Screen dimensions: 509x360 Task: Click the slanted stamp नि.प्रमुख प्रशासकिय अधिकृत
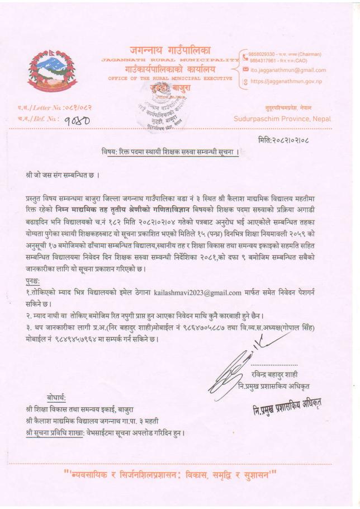click(x=285, y=404)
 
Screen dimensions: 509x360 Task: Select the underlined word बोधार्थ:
click(x=56, y=398)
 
